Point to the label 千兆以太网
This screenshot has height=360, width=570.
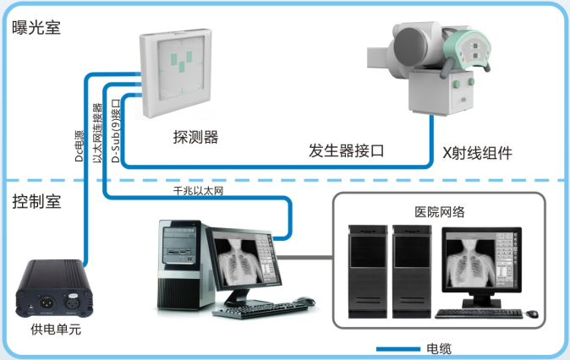coord(198,193)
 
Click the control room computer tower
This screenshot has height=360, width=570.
coord(183,263)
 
